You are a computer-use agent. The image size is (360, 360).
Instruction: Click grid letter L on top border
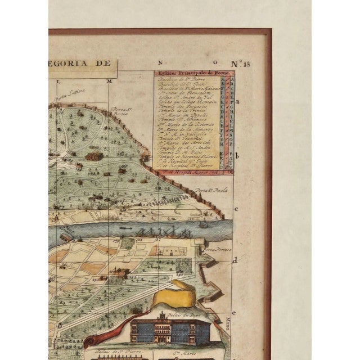(x=58, y=82)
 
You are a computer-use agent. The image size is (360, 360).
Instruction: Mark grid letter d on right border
(x=236, y=260)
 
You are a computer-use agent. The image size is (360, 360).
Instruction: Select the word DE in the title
(x=106, y=64)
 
